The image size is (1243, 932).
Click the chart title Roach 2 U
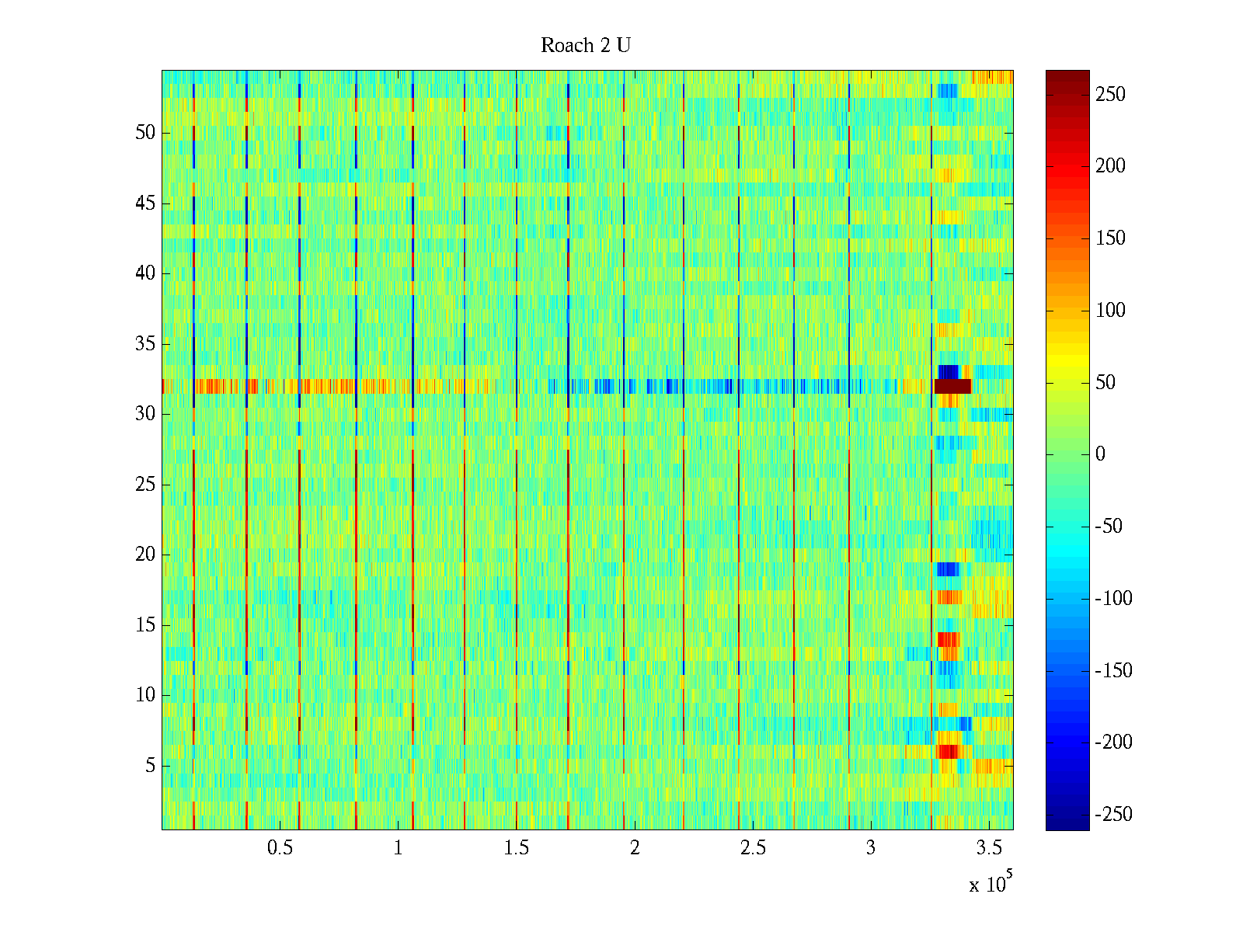click(586, 46)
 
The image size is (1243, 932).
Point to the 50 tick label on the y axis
click(145, 133)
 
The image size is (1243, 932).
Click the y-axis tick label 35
click(145, 344)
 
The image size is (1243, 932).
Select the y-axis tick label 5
click(150, 766)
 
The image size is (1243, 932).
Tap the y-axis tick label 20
click(145, 555)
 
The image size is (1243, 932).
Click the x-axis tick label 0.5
click(280, 848)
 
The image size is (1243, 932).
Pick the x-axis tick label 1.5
click(516, 848)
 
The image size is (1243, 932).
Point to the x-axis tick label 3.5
click(989, 848)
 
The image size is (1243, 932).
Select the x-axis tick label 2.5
click(753, 848)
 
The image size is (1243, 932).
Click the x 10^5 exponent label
click(991, 883)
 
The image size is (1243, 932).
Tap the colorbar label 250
click(1110, 95)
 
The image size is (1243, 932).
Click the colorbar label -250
click(1113, 815)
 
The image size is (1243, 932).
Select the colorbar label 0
click(1100, 454)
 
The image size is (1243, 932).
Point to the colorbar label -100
click(1113, 599)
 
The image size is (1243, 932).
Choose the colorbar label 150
click(1110, 238)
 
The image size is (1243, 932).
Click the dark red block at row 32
click(952, 386)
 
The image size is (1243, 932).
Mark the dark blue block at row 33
click(949, 372)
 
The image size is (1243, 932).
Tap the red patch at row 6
click(948, 752)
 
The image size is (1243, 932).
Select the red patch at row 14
click(949, 639)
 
